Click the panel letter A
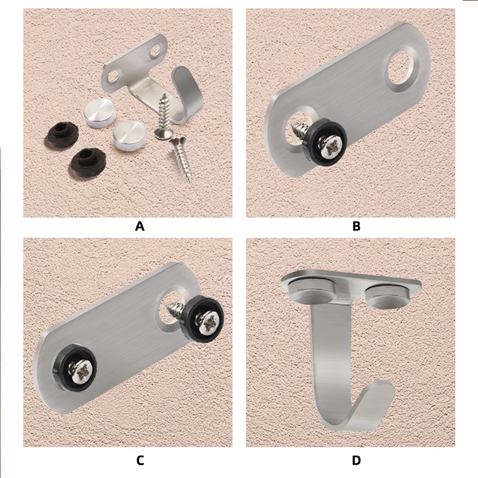[140, 226]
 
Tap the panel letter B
[356, 226]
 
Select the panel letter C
[140, 460]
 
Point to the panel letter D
[356, 460]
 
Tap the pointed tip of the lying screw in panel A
[191, 182]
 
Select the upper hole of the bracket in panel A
[156, 51]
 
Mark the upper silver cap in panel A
[99, 113]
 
